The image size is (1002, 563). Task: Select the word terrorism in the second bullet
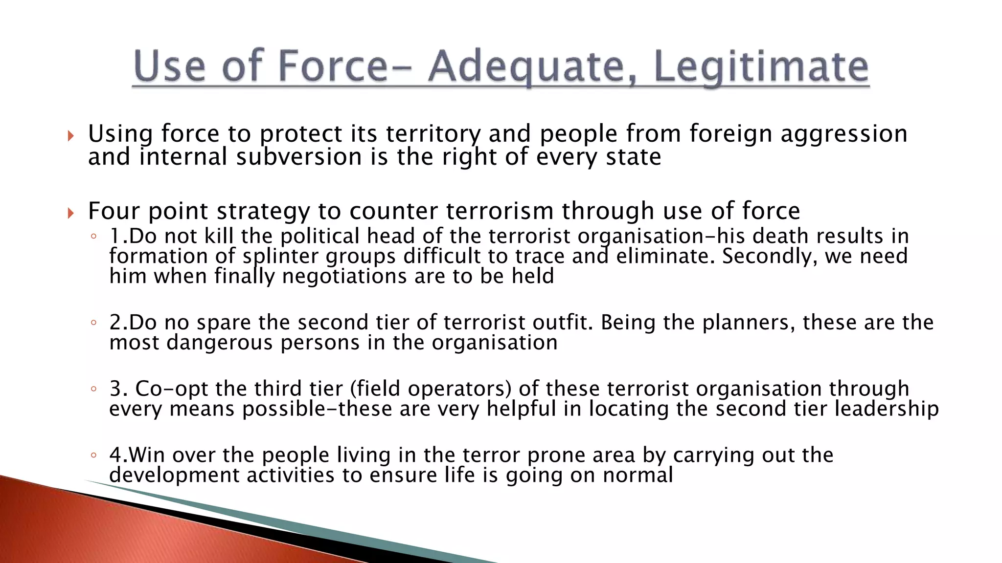pyautogui.click(x=500, y=211)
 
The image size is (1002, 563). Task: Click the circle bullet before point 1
pyautogui.click(x=93, y=237)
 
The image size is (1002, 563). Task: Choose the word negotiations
pyautogui.click(x=344, y=277)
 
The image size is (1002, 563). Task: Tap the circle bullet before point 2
pyautogui.click(x=93, y=323)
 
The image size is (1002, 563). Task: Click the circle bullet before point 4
pyautogui.click(x=93, y=455)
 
